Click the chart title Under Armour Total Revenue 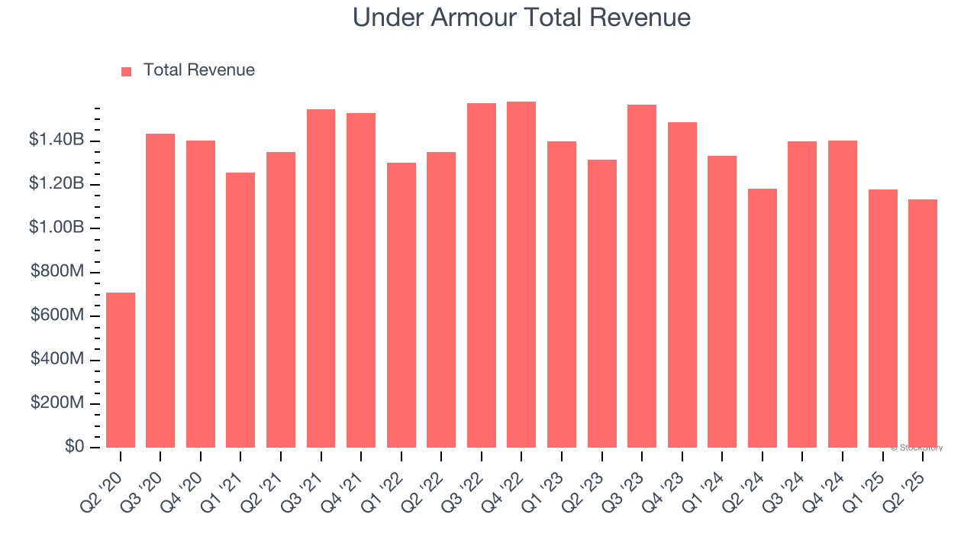point(521,18)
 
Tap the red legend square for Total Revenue point(127,71)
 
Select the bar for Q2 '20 point(121,370)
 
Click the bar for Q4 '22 point(521,274)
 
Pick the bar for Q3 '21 point(321,278)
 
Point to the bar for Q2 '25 point(923,323)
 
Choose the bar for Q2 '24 point(763,318)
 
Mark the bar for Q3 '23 point(642,276)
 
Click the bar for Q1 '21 point(240,310)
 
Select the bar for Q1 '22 point(401,305)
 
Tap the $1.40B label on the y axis point(56,140)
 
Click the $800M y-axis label point(57,271)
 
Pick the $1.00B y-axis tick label point(56,228)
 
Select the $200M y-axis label point(57,403)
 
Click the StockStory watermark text point(917,448)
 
